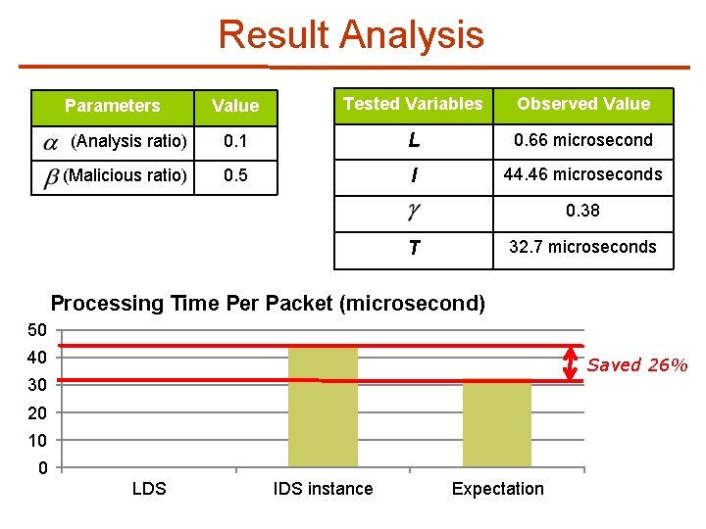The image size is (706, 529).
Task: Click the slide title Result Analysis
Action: (351, 34)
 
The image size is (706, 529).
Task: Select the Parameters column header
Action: (112, 106)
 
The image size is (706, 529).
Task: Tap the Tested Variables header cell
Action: (413, 104)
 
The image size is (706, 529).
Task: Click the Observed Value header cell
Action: (583, 104)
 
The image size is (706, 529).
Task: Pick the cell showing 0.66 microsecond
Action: (583, 140)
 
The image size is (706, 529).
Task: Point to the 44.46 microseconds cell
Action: (583, 174)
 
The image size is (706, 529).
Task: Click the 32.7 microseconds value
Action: (583, 247)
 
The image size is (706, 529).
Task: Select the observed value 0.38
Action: (583, 211)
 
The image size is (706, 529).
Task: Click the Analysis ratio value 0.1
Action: (235, 141)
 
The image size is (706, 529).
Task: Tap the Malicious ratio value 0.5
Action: (235, 176)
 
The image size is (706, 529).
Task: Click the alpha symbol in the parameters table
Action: (51, 143)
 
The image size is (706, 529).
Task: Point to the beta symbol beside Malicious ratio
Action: (51, 178)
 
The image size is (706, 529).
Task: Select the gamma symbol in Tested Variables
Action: (414, 213)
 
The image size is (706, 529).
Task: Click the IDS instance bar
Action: (323, 407)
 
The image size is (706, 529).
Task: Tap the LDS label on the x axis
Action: (149, 489)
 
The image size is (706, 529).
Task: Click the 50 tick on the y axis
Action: (37, 329)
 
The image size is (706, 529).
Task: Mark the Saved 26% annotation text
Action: (637, 365)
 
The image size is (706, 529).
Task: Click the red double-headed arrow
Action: (571, 363)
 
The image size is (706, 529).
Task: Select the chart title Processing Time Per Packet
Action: (268, 304)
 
